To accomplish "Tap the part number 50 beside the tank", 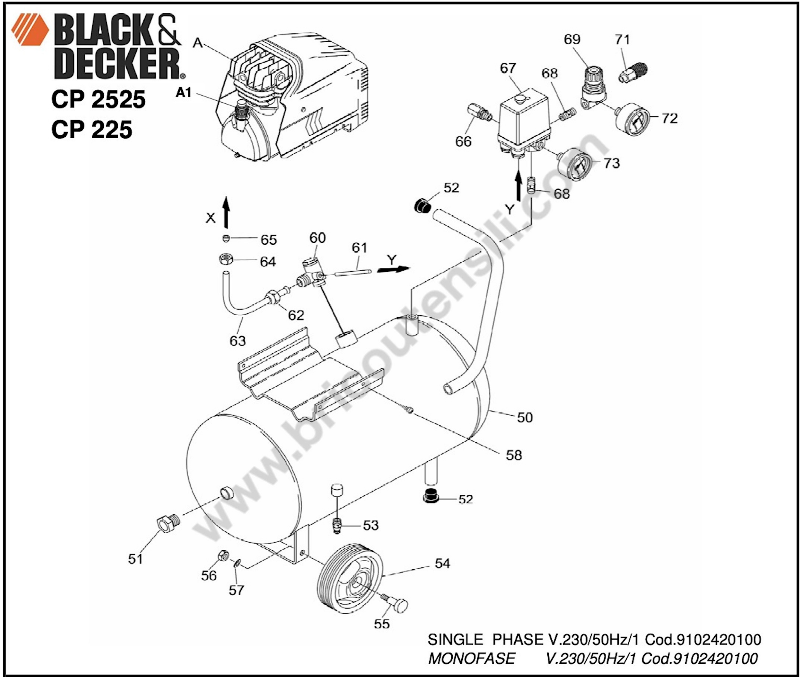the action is click(x=525, y=417).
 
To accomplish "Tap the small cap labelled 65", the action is click(x=226, y=239).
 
